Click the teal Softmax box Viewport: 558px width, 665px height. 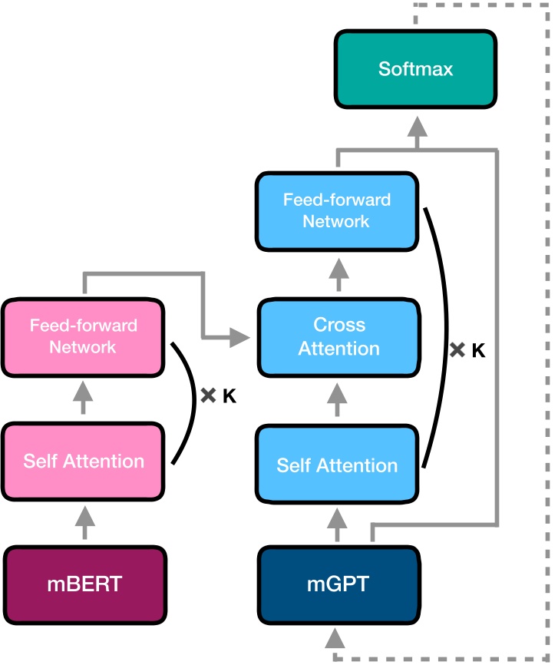coord(416,68)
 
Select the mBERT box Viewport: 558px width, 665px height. coord(84,583)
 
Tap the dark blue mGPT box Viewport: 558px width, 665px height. coord(338,583)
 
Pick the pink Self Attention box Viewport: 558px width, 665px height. coord(84,461)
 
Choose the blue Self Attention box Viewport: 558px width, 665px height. coord(337,465)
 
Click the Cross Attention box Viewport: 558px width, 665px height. coord(338,336)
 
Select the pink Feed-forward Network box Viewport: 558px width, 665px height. coord(84,336)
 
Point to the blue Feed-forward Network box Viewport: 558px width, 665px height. coord(337,210)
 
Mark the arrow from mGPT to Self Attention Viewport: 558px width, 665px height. coord(338,525)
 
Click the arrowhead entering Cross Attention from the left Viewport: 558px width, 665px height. coord(242,336)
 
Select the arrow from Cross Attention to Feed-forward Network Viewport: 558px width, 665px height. coord(338,273)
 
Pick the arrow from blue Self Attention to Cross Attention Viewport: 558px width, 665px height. coord(338,399)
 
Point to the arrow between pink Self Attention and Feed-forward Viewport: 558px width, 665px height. coord(84,399)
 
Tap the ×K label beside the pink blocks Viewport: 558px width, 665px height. coord(218,396)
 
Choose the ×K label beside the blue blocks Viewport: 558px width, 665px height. coord(467,351)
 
